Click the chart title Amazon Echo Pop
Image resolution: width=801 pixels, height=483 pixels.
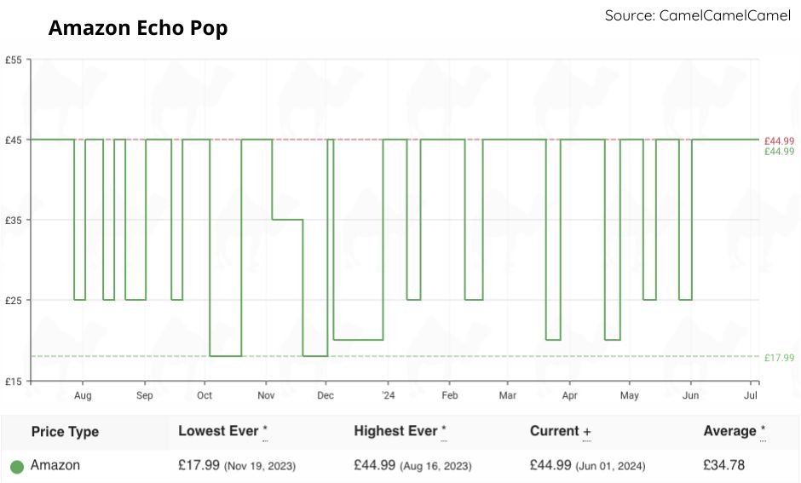tap(138, 28)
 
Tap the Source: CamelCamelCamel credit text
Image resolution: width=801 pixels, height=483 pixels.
tap(697, 15)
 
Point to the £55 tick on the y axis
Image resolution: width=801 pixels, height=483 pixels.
tap(14, 60)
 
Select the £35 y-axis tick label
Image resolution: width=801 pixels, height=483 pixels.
tap(14, 220)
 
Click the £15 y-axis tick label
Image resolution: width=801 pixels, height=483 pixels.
tap(14, 381)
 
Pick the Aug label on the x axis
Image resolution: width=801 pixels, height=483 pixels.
tap(83, 396)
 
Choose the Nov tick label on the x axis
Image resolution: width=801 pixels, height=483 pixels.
tap(267, 396)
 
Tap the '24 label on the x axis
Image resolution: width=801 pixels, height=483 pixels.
tap(388, 396)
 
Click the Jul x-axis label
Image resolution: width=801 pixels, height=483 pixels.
tap(752, 396)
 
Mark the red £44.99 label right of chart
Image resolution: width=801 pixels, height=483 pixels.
tap(779, 141)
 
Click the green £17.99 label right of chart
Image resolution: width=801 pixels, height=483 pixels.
tap(779, 358)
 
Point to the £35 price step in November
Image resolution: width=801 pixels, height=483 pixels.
tap(287, 220)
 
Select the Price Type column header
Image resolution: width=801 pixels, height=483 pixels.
tap(65, 432)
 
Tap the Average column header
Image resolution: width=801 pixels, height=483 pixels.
tap(729, 431)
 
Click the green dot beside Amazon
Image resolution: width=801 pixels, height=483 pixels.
tap(16, 467)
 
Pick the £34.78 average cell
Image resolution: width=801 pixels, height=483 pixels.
tap(724, 466)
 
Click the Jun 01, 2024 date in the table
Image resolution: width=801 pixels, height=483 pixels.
tap(611, 467)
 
